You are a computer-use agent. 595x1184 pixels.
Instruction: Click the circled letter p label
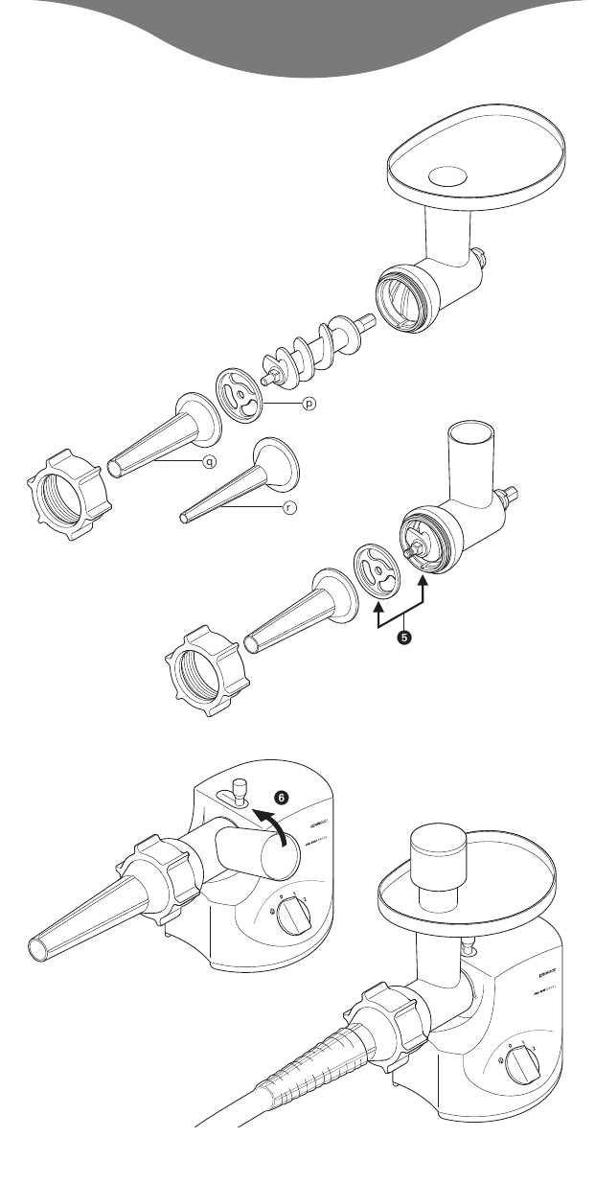(x=309, y=405)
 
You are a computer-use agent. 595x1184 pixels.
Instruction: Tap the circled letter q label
(x=206, y=461)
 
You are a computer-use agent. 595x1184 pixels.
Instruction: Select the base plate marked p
(x=241, y=396)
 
